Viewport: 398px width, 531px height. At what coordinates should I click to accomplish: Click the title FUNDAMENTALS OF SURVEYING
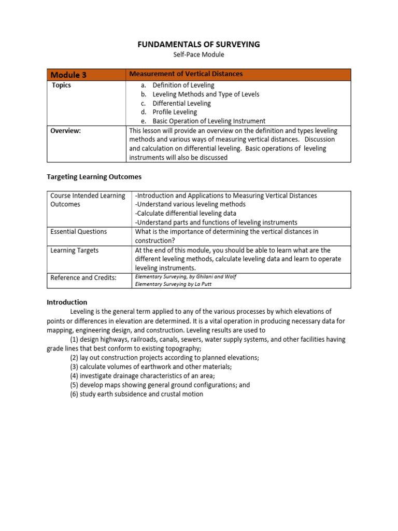[x=198, y=45]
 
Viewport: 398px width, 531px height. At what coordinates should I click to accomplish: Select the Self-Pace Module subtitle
[x=198, y=54]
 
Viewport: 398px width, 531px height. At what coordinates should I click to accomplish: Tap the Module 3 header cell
[x=68, y=75]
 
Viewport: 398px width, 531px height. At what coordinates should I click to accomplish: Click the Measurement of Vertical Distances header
[x=186, y=74]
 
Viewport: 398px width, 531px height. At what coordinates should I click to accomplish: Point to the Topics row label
[x=61, y=85]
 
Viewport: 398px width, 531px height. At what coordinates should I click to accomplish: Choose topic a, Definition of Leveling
[x=183, y=85]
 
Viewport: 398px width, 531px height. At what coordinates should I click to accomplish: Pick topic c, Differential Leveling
[x=181, y=103]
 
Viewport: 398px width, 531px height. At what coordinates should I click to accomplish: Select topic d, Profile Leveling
[x=175, y=112]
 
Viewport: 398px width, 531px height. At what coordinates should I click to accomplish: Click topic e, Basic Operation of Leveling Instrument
[x=209, y=121]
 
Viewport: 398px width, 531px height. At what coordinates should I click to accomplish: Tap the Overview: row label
[x=65, y=131]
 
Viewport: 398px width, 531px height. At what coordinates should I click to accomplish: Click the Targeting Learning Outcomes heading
[x=94, y=177]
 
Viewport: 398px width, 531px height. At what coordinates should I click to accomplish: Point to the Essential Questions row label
[x=78, y=232]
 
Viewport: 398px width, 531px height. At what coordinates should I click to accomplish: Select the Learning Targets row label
[x=74, y=250]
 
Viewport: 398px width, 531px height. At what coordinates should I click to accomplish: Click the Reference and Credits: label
[x=83, y=278]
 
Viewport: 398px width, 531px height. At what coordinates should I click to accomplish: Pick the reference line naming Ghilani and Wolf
[x=186, y=277]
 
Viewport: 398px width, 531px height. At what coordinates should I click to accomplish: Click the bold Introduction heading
[x=67, y=302]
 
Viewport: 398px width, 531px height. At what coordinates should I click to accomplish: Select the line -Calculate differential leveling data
[x=185, y=213]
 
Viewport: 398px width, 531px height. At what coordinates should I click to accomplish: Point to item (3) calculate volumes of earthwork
[x=144, y=367]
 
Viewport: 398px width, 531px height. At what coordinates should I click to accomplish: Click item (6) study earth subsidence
[x=137, y=394]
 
